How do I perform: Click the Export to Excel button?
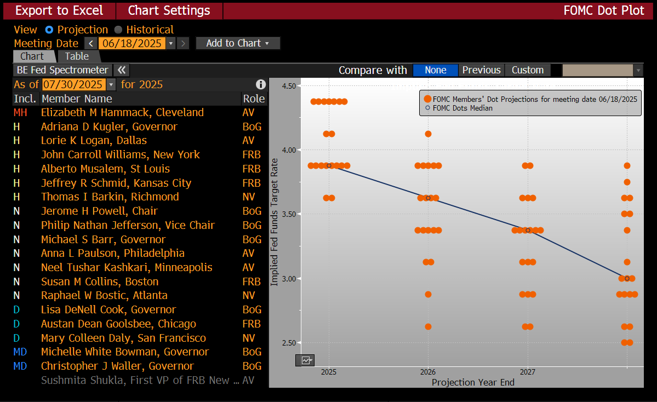pos(59,10)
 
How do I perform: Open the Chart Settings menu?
pos(169,10)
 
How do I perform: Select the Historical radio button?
pos(118,30)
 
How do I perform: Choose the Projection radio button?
pos(49,30)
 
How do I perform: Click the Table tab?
pos(77,56)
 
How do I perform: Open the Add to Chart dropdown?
pos(238,43)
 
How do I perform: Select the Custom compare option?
pos(528,70)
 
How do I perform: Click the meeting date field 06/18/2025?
pos(132,43)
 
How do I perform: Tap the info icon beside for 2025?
pos(261,84)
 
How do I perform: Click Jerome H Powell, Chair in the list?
pos(99,211)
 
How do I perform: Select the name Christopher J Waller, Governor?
pos(117,366)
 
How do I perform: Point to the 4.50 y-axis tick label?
pos(289,86)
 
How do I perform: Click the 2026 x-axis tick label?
pos(428,372)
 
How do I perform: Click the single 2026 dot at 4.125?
pos(428,134)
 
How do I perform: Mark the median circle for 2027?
pos(528,231)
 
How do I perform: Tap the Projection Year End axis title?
pos(473,382)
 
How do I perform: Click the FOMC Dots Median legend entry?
pos(459,108)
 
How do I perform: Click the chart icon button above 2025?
pos(305,360)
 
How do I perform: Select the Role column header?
pos(254,99)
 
